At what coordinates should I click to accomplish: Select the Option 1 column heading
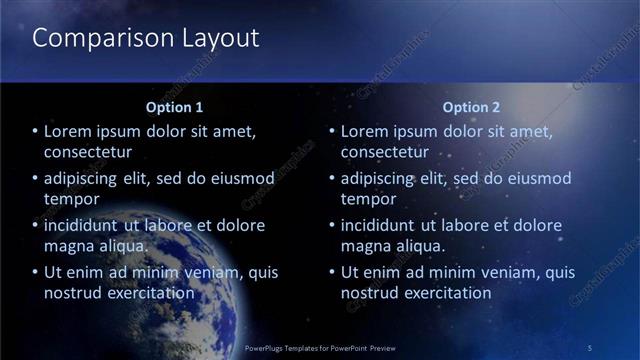click(x=174, y=107)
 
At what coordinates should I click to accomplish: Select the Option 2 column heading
click(x=471, y=107)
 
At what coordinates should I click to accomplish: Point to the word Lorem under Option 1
click(x=69, y=131)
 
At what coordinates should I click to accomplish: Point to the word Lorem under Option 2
click(x=366, y=131)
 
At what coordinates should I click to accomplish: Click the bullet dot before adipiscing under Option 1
click(x=35, y=179)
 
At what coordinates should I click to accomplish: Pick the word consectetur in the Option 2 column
click(x=385, y=152)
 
